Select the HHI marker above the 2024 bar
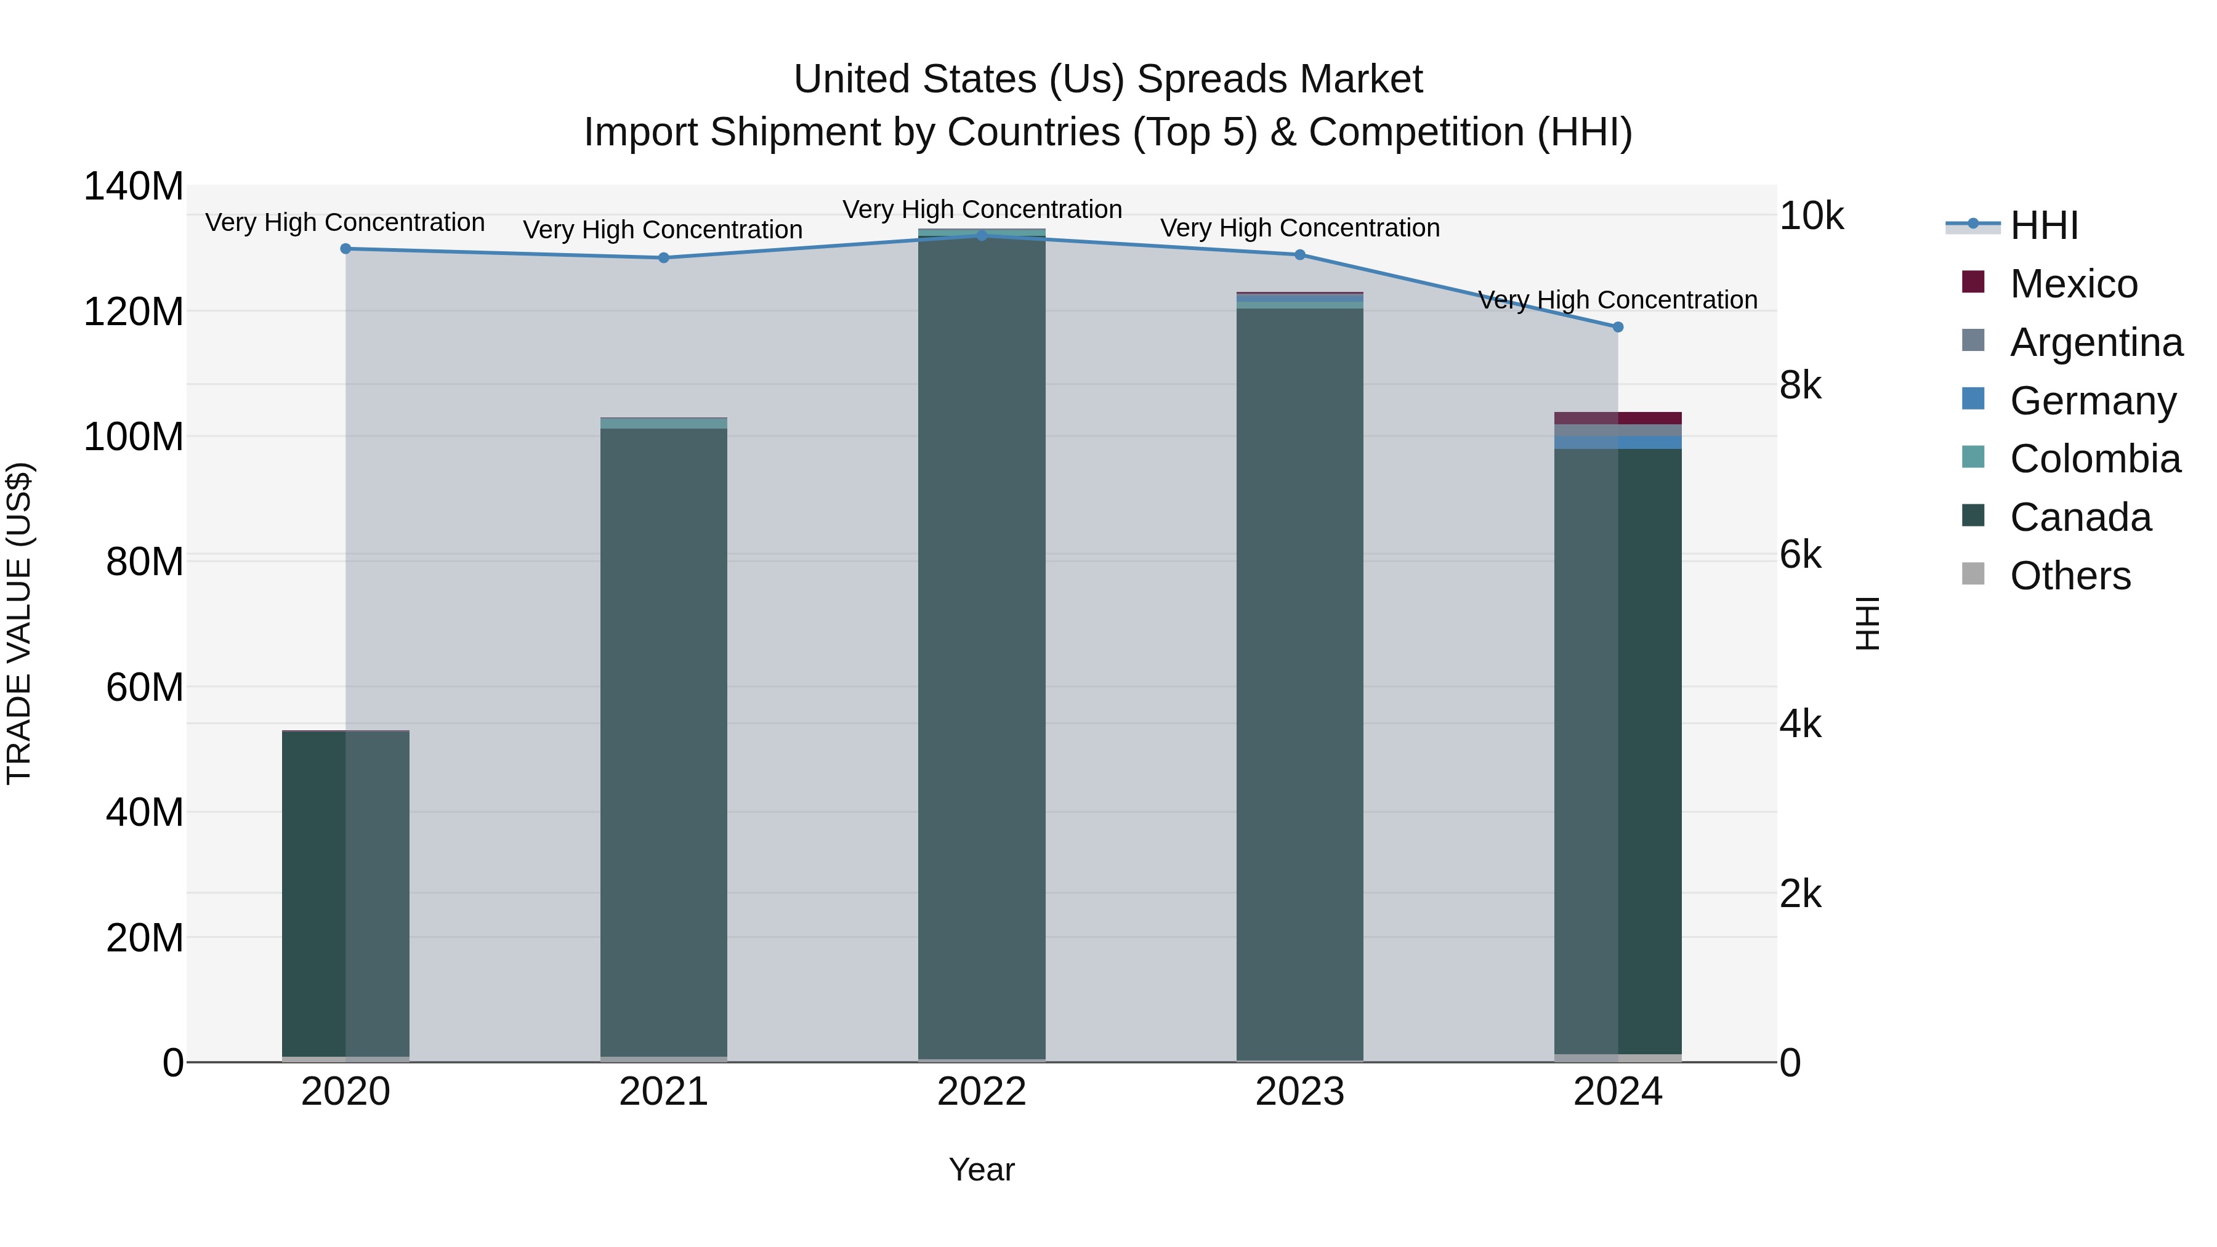click(1617, 327)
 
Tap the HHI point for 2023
click(1299, 255)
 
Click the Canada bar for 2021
click(663, 740)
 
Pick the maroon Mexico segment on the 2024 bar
click(1618, 418)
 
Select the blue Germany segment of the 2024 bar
click(1618, 442)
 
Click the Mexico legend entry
click(2074, 284)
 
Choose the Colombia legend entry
click(2095, 459)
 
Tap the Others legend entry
click(2070, 576)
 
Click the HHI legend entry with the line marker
click(2043, 225)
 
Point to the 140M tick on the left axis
click(134, 187)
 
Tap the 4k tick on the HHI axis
click(1801, 725)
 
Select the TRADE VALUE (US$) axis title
click(19, 623)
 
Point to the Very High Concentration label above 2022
click(982, 209)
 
